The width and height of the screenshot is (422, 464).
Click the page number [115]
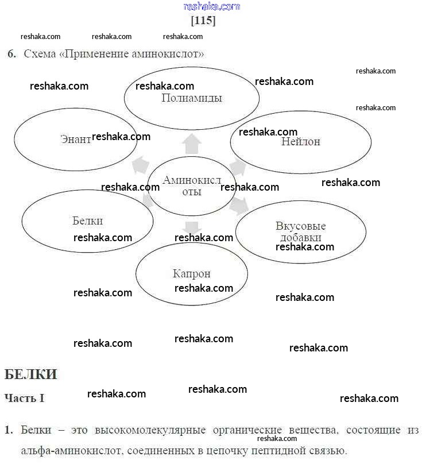click(x=203, y=21)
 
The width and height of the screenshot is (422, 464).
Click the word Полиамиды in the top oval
click(x=192, y=98)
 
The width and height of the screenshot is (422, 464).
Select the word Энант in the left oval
click(x=75, y=138)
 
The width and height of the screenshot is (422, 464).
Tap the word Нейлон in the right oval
click(x=300, y=141)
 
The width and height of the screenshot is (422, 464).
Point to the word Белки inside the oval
click(x=88, y=221)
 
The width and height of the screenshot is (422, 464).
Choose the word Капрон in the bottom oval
click(x=191, y=273)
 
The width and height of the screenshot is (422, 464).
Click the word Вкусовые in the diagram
click(x=300, y=226)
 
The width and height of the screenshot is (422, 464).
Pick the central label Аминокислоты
click(x=192, y=185)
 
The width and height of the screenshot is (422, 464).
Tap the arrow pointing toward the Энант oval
click(x=140, y=164)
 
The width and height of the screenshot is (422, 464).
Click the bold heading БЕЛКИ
click(x=31, y=375)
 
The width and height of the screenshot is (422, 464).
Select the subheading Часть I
click(x=25, y=397)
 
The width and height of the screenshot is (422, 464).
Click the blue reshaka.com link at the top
click(x=211, y=6)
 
